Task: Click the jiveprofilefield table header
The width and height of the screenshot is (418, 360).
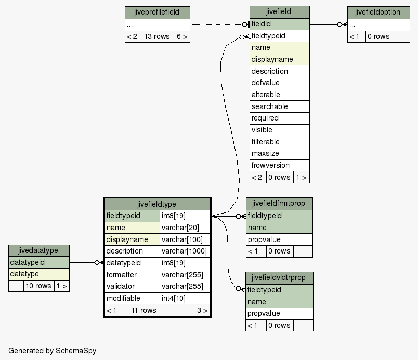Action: (158, 12)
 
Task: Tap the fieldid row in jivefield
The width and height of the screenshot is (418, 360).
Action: (279, 24)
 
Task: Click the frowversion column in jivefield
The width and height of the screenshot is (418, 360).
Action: (279, 165)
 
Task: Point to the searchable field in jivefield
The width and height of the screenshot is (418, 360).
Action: (279, 106)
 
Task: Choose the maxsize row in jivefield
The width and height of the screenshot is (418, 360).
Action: (279, 154)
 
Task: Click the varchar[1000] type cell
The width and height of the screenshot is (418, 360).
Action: (185, 251)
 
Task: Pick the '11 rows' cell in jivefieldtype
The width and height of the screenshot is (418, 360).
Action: (144, 310)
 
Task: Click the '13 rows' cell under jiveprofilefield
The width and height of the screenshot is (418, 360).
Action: (158, 36)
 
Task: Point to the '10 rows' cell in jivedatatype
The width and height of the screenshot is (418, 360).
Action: (38, 286)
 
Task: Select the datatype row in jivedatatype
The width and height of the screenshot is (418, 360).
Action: (39, 274)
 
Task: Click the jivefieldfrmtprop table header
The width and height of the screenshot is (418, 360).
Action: (279, 204)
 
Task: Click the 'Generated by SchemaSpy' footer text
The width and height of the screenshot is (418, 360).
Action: (52, 351)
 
